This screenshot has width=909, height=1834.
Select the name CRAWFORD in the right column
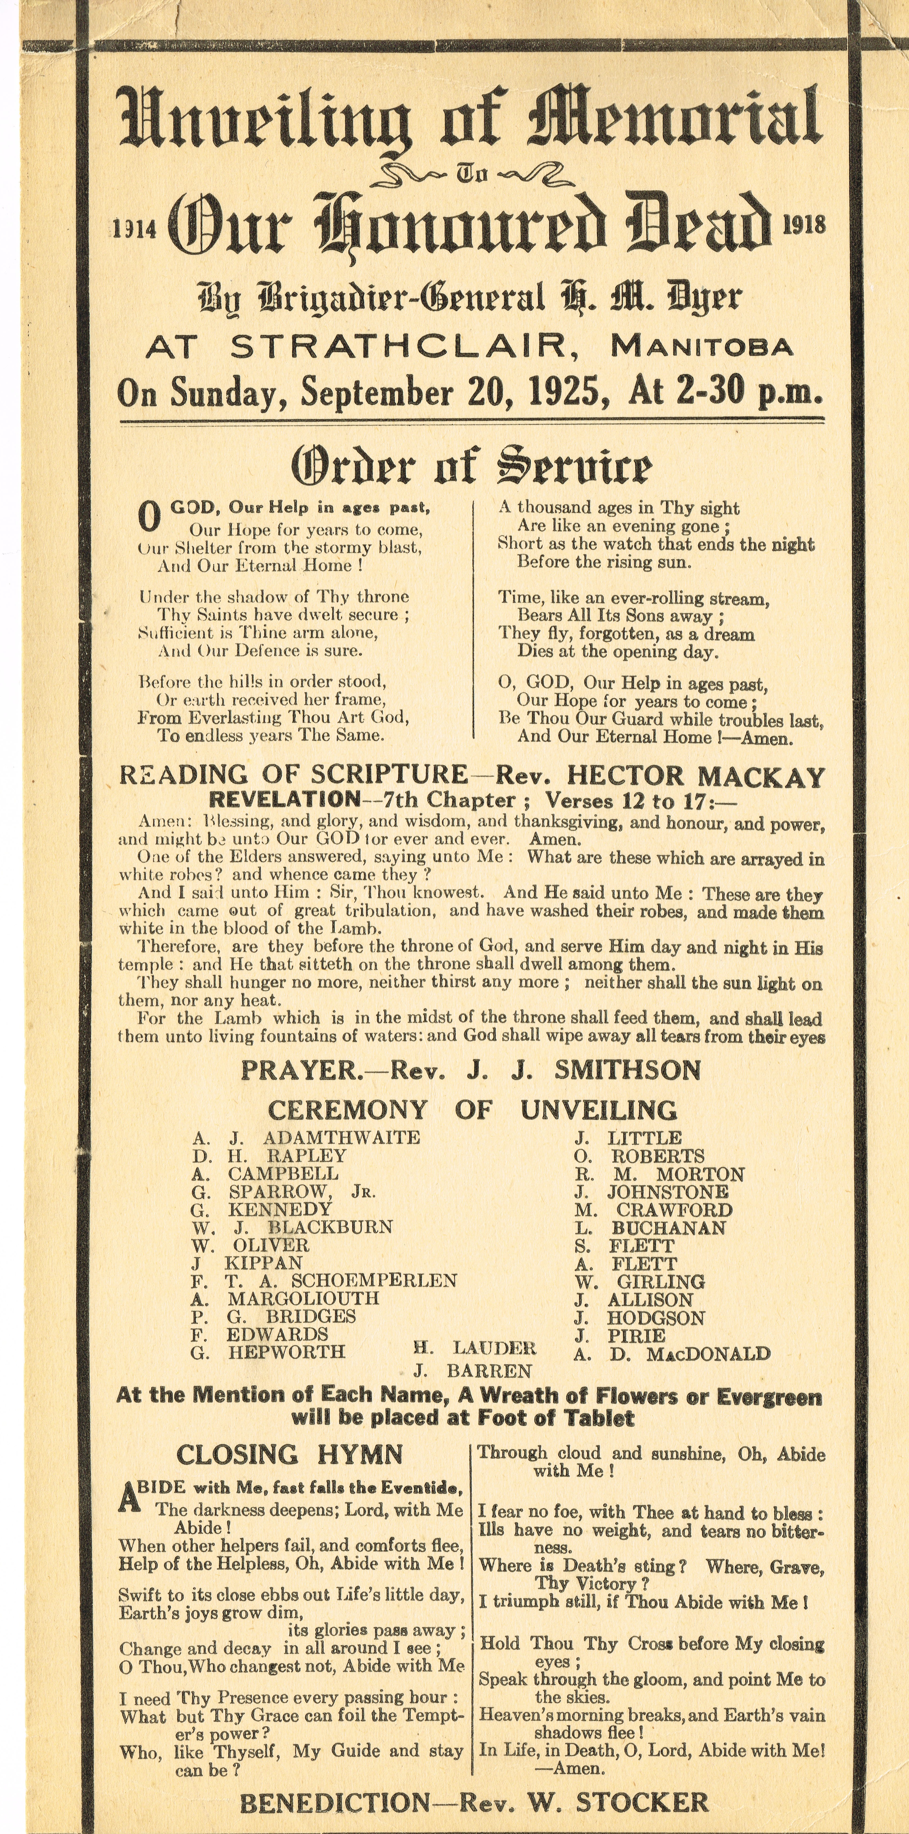click(674, 1210)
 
